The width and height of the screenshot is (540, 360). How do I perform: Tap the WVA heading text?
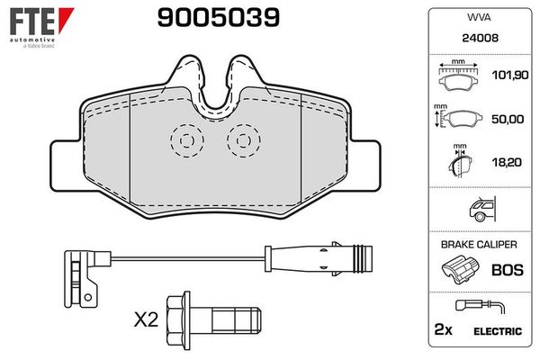478,17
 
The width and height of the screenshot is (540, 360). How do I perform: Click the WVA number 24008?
478,39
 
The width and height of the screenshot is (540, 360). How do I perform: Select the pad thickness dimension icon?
461,164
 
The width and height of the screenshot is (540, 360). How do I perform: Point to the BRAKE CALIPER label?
478,244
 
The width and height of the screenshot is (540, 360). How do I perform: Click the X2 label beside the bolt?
147,320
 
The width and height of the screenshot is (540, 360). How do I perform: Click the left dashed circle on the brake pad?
186,140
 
